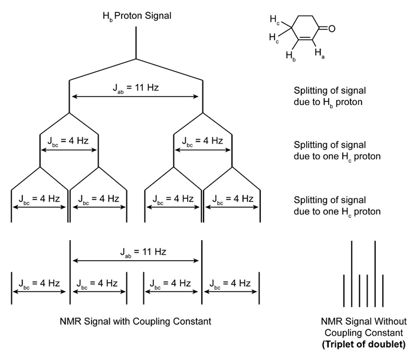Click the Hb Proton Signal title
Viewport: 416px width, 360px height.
pyautogui.click(x=136, y=16)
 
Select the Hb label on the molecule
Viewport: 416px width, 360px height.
pyautogui.click(x=291, y=56)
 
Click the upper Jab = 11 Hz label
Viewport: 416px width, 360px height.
pyautogui.click(x=136, y=87)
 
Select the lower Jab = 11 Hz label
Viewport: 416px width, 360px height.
pyautogui.click(x=136, y=252)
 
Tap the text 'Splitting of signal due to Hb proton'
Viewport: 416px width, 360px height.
pyautogui.click(x=330, y=96)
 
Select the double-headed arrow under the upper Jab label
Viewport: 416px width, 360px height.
pyautogui.click(x=136, y=97)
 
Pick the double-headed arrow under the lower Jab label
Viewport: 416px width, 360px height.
pyautogui.click(x=136, y=261)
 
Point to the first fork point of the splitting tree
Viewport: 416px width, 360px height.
pyautogui.click(x=136, y=59)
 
